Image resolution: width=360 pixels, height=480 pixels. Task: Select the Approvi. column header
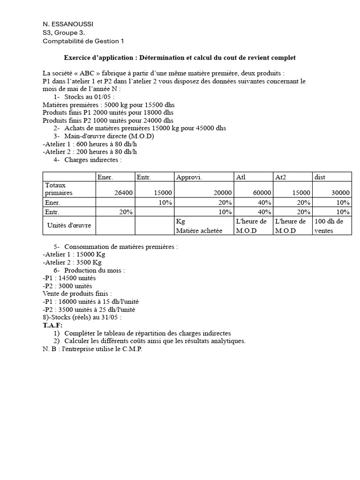pos(187,177)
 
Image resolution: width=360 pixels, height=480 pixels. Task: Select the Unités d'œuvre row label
pos(69,225)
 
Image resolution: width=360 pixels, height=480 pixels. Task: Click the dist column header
pos(321,177)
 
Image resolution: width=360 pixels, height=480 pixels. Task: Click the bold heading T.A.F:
pos(52,325)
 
